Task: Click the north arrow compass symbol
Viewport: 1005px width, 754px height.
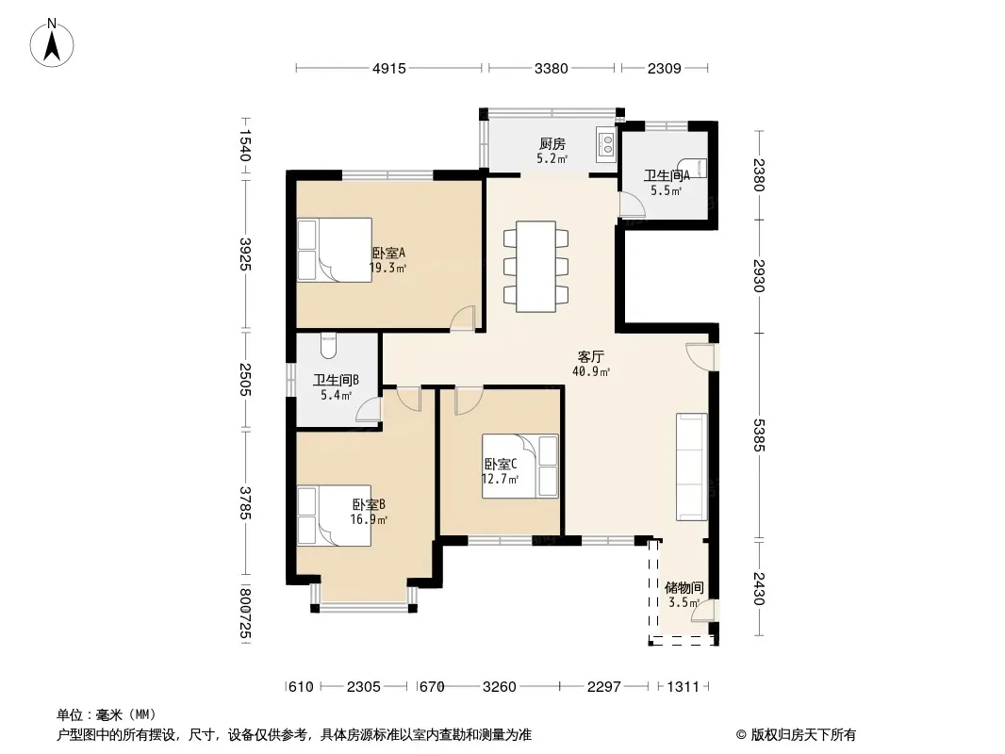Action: (x=52, y=43)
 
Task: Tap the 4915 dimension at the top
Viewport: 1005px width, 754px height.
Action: (x=389, y=68)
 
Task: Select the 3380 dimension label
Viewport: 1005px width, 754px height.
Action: (x=552, y=68)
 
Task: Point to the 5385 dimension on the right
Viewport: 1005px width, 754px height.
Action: (x=759, y=435)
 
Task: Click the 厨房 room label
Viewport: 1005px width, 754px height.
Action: (x=552, y=143)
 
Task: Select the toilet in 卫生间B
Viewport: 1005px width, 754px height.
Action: (x=328, y=345)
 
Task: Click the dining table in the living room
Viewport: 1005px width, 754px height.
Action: (x=535, y=267)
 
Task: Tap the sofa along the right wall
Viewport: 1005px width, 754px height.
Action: (x=692, y=467)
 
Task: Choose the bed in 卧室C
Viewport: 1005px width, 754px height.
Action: (x=519, y=467)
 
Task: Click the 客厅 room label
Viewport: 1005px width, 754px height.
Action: (x=591, y=357)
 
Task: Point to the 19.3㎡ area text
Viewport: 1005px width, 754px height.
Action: (x=387, y=268)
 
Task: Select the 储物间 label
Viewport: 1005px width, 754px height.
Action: (x=684, y=587)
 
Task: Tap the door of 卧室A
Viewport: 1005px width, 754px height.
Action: (x=462, y=319)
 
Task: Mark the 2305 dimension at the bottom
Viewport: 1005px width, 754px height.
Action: (x=363, y=687)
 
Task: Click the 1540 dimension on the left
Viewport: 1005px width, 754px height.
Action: (x=245, y=145)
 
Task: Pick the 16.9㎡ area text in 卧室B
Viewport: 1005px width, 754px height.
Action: (x=369, y=519)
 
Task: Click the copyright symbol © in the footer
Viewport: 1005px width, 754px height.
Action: (x=742, y=735)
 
